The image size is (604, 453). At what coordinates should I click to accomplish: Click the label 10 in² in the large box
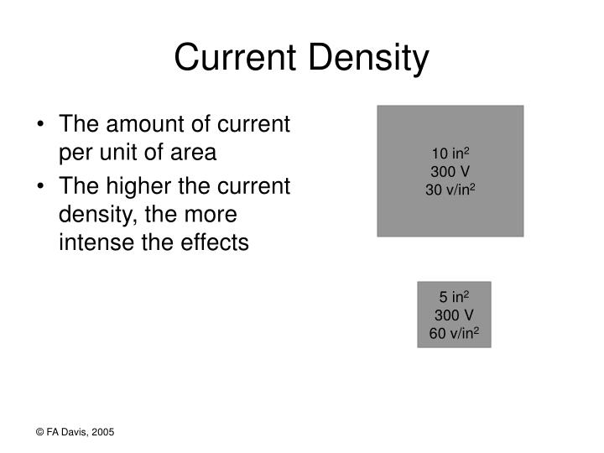pyautogui.click(x=450, y=153)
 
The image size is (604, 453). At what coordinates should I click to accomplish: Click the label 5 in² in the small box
pyautogui.click(x=454, y=297)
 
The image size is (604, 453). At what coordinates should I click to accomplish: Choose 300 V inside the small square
pyautogui.click(x=454, y=315)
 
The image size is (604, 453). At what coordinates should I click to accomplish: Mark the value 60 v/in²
pyautogui.click(x=454, y=333)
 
